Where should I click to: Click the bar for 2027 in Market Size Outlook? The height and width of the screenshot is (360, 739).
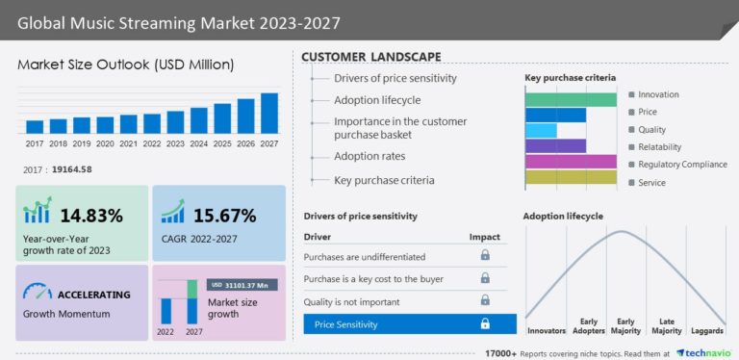click(269, 113)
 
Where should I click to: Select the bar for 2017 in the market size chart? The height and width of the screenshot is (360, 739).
click(35, 126)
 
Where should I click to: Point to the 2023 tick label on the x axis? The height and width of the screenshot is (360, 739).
click(175, 143)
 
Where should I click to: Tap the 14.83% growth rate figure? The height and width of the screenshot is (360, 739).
click(91, 215)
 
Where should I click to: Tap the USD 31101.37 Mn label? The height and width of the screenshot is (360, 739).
click(242, 285)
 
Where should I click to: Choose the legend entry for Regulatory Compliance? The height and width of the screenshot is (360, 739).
click(682, 165)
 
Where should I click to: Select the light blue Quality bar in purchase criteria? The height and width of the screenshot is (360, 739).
click(541, 130)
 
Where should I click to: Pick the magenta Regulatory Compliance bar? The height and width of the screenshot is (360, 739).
click(571, 161)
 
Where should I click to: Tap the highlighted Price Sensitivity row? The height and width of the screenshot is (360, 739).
click(410, 324)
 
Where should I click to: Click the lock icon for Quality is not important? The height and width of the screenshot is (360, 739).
click(485, 300)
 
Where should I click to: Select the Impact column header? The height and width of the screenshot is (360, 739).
click(484, 236)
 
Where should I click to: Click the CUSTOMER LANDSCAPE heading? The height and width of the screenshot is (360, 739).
click(371, 57)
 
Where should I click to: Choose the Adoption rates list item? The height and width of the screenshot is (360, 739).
click(369, 156)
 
